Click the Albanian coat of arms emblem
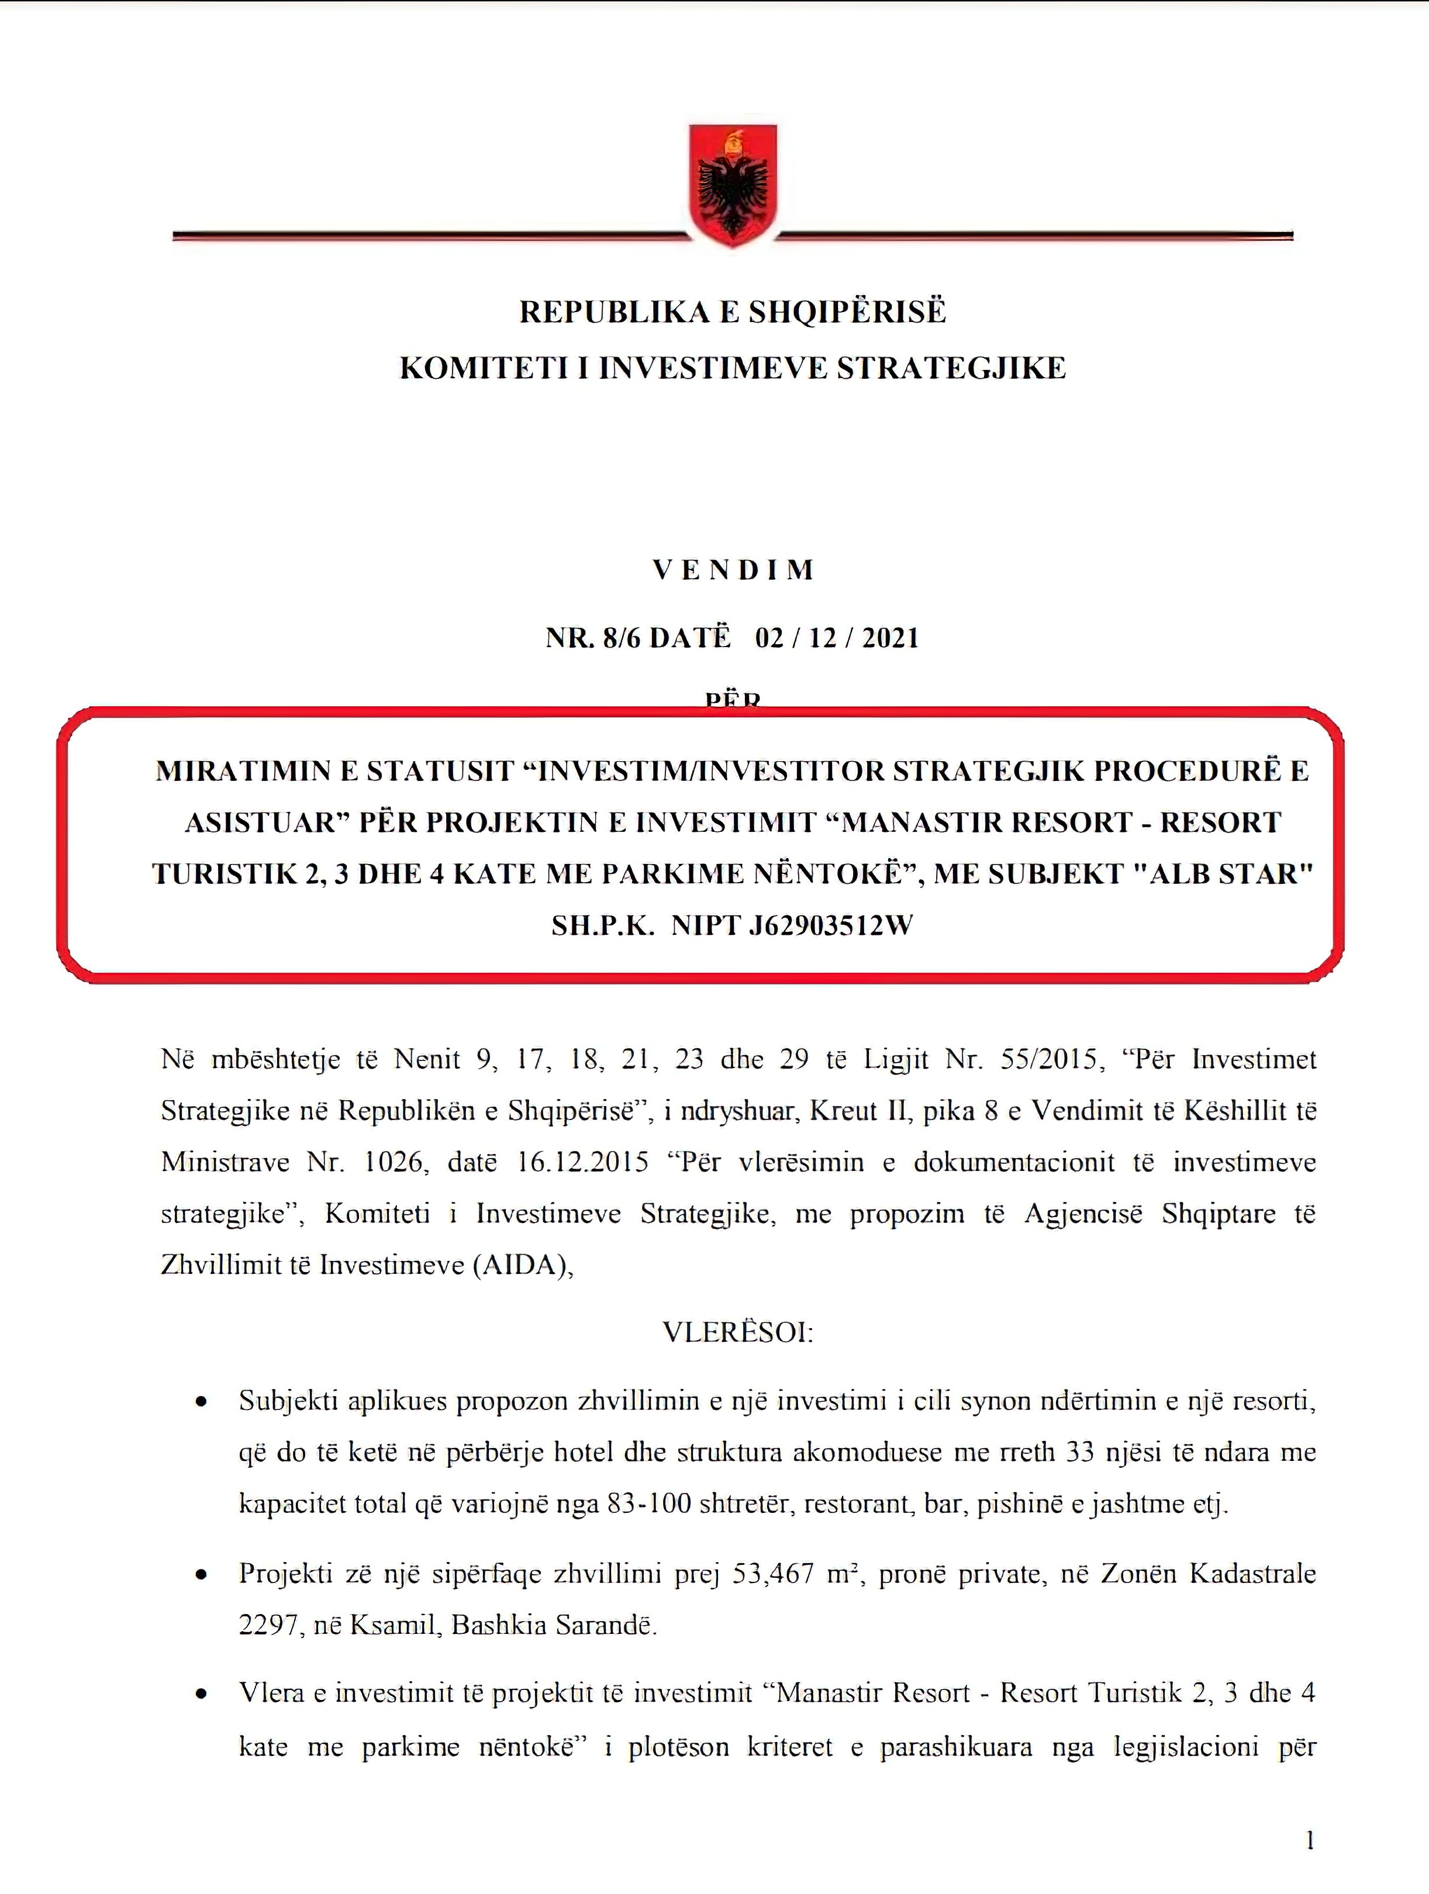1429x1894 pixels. pos(733,184)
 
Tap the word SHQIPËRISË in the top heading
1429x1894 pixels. pos(848,312)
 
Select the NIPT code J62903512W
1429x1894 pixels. pos(830,925)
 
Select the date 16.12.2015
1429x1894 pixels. pos(583,1163)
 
